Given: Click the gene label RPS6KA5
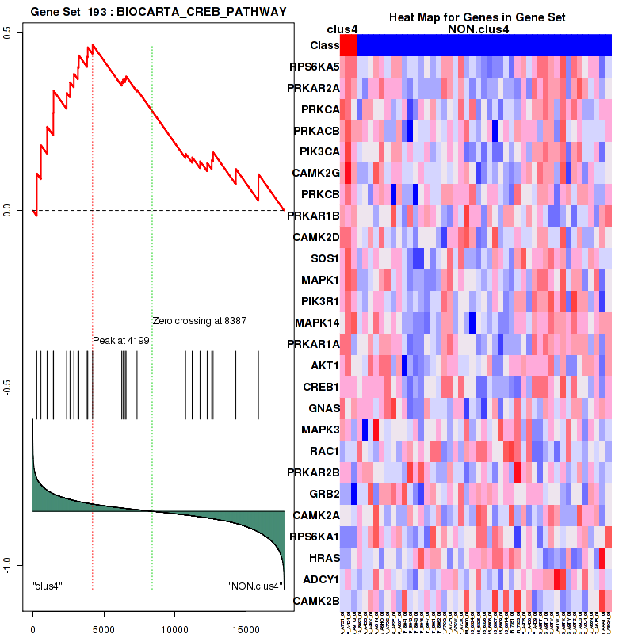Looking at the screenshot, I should coord(315,67).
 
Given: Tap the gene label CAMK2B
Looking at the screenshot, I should coord(316,601).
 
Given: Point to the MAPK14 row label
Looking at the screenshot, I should coord(317,323).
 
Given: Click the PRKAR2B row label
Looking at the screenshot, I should coord(314,472).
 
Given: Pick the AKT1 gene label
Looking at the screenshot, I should coord(325,366).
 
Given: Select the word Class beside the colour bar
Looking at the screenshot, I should coord(325,45).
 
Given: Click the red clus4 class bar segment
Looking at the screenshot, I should coord(348,45).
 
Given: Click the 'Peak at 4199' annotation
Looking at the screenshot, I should coord(121,340).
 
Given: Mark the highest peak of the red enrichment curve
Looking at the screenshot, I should coord(92,45).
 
